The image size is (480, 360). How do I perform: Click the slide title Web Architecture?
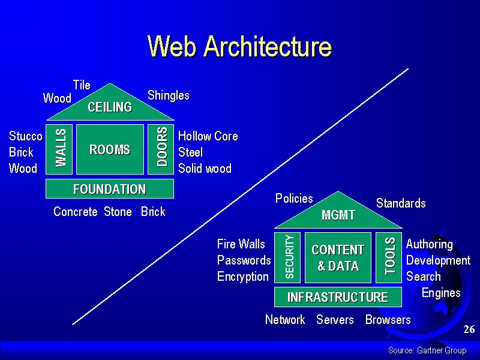[x=239, y=46]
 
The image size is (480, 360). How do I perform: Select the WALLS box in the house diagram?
[x=59, y=149]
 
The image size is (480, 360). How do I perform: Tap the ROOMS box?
[x=110, y=149]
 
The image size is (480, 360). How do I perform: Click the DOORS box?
[x=161, y=149]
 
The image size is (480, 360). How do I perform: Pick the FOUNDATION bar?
[x=110, y=189]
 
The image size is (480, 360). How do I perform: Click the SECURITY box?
[x=287, y=257]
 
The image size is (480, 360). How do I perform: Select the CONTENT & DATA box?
[x=338, y=257]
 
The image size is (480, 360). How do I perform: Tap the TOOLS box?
[x=389, y=257]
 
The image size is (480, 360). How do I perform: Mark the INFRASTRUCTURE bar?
[x=338, y=297]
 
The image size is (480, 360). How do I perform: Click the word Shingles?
[x=169, y=95]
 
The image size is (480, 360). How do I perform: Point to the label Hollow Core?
[x=208, y=136]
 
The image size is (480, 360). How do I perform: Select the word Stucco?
[x=26, y=136]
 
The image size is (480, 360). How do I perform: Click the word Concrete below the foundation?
[x=76, y=212]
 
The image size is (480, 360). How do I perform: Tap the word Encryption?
[x=243, y=277]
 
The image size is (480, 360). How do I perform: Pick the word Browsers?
[x=388, y=320]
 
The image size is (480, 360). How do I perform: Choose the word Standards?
[x=401, y=203]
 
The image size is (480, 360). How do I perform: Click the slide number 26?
[x=469, y=329]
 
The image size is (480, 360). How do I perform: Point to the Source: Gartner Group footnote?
[x=427, y=350]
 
